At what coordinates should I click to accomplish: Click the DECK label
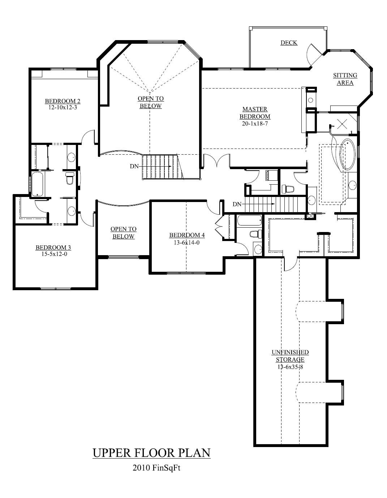pos(289,43)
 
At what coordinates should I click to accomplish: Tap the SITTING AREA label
pos(345,79)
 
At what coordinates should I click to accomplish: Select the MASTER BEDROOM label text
pos(255,113)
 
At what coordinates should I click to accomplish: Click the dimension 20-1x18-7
pos(255,124)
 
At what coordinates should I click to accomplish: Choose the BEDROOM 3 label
pos(53,248)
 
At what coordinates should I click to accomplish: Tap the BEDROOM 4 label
pos(187,236)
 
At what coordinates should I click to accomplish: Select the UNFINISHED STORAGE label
pos(290,356)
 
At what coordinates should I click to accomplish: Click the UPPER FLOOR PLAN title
pos(151,453)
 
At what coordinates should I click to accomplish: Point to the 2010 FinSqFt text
pos(156,468)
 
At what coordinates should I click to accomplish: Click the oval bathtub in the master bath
pos(347,154)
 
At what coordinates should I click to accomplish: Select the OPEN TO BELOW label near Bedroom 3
pos(123,233)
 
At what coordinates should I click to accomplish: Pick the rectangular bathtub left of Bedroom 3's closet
pos(38,184)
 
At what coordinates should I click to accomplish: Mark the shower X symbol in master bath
pos(341,124)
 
